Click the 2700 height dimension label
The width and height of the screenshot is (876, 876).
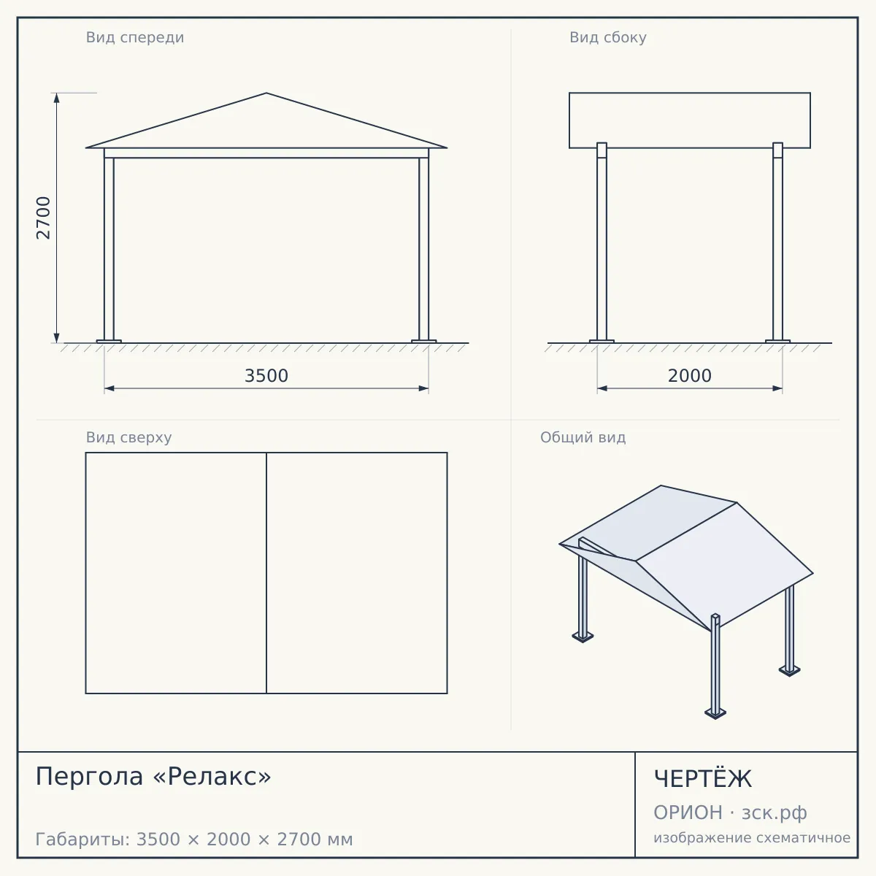click(x=43, y=218)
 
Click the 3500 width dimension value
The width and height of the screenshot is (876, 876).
click(x=266, y=376)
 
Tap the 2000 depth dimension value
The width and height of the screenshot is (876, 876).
click(x=690, y=376)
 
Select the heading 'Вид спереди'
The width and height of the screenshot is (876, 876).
click(x=135, y=37)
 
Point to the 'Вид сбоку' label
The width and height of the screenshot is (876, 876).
click(x=608, y=37)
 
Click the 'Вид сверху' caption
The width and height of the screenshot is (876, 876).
click(x=128, y=437)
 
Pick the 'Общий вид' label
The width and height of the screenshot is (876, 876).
click(x=583, y=437)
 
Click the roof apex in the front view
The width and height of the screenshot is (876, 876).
click(x=266, y=93)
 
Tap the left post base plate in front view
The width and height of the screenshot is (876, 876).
click(x=109, y=342)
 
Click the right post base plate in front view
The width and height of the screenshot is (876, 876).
click(x=423, y=342)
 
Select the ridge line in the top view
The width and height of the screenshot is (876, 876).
click(x=266, y=573)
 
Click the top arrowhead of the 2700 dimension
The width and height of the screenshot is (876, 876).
click(x=57, y=98)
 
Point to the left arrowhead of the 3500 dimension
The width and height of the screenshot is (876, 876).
click(x=109, y=388)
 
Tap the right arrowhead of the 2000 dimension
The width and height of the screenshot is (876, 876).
click(x=777, y=388)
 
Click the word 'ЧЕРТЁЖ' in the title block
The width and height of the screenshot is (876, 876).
click(x=703, y=779)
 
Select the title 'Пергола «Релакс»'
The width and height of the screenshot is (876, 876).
click(x=153, y=776)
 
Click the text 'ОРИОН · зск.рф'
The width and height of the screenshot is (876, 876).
click(x=730, y=812)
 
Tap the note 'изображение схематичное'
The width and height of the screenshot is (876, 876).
click(x=752, y=838)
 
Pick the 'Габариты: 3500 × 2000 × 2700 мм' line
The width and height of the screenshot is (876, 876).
click(x=194, y=839)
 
